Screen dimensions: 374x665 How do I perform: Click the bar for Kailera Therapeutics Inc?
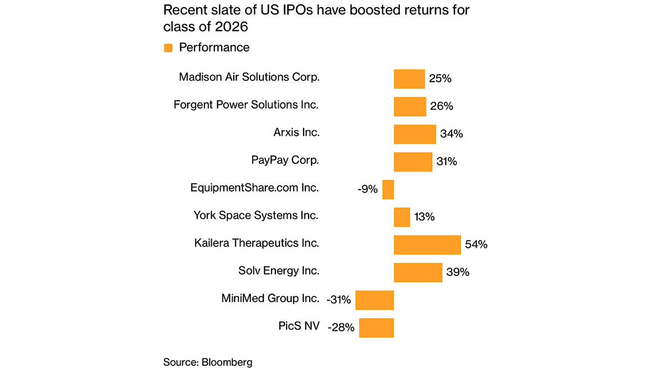(427, 244)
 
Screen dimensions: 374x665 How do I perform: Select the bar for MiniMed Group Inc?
(375, 300)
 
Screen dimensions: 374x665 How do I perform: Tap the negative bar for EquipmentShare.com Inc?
(388, 189)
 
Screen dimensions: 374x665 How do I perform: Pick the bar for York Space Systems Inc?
(402, 217)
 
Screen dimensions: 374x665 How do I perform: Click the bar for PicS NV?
(376, 327)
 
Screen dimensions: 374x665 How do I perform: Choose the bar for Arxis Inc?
(415, 134)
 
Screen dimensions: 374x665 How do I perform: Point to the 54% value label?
(476, 244)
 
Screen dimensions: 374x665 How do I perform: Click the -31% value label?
(339, 300)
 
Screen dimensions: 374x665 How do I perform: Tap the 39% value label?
(458, 272)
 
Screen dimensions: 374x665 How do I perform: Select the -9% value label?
(367, 189)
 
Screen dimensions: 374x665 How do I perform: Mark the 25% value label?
(440, 79)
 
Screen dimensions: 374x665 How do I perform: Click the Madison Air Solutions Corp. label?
(249, 77)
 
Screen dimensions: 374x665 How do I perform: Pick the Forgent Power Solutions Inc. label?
(246, 105)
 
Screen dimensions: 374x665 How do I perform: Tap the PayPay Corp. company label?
(285, 160)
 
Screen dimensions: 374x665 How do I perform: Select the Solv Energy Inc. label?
(278, 271)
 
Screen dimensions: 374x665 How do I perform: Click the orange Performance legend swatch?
(168, 48)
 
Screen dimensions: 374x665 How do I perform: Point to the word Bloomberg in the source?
(227, 362)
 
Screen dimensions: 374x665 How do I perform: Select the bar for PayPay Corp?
(413, 162)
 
